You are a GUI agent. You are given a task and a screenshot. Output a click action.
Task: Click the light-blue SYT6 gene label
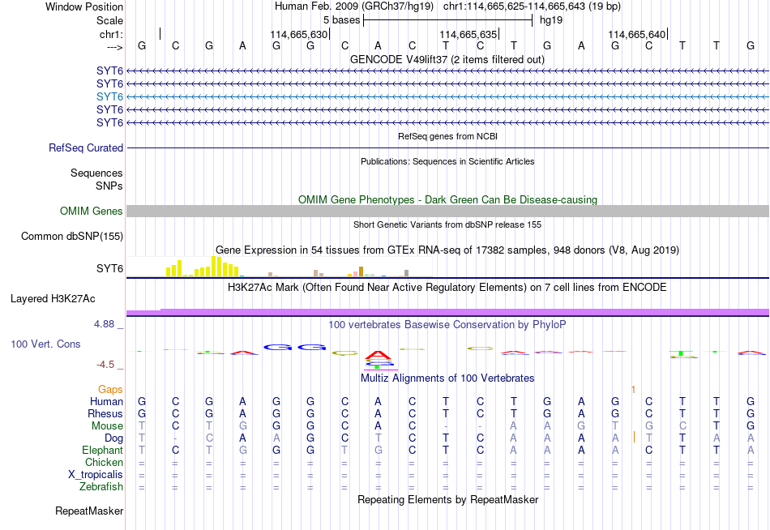(x=109, y=96)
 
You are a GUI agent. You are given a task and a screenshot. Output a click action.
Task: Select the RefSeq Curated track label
(x=86, y=147)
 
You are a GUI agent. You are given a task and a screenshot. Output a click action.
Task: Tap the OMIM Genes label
(x=92, y=212)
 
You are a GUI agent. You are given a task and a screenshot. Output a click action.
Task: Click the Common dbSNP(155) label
(x=72, y=237)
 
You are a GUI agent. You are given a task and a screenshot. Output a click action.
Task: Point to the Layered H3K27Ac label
(x=53, y=299)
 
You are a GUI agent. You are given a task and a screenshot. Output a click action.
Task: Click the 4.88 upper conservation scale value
(x=104, y=324)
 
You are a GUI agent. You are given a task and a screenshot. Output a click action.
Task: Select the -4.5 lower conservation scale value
(x=105, y=365)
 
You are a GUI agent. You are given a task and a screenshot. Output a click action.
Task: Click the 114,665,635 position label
(x=468, y=34)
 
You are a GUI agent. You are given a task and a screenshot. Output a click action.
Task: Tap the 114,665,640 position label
(x=637, y=34)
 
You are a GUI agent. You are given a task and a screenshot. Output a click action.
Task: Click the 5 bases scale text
(x=342, y=20)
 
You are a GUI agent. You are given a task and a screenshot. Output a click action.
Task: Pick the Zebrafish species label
(x=101, y=487)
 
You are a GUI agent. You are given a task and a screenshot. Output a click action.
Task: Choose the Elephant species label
(x=103, y=451)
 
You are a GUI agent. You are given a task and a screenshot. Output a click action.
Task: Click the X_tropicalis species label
(x=96, y=475)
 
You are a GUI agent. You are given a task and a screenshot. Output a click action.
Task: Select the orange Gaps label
(x=110, y=390)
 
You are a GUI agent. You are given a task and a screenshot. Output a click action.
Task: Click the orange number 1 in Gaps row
(x=634, y=390)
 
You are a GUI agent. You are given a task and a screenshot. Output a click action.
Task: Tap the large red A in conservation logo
(x=378, y=355)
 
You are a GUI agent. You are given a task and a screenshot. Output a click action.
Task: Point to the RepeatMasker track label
(x=89, y=511)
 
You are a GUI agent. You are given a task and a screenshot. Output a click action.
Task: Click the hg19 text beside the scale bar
(x=551, y=20)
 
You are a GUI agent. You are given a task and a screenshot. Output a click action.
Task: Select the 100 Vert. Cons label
(x=45, y=344)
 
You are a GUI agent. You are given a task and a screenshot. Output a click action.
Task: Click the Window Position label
(x=84, y=6)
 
